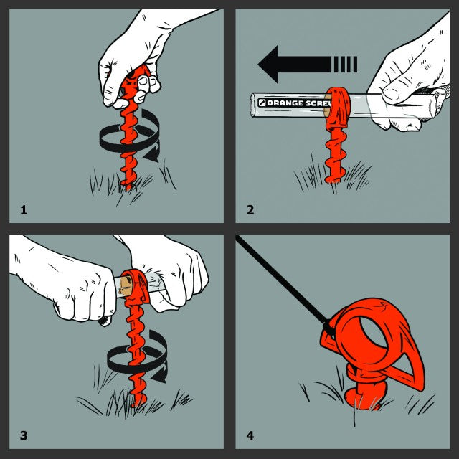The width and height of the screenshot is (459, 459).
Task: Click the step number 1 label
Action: tap(24, 209)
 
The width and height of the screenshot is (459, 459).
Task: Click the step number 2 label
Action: tap(250, 209)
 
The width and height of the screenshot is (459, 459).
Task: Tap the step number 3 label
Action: tap(24, 435)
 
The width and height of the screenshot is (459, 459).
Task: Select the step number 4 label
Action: tap(250, 435)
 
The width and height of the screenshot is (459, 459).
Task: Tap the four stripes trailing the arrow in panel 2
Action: tap(345, 65)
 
